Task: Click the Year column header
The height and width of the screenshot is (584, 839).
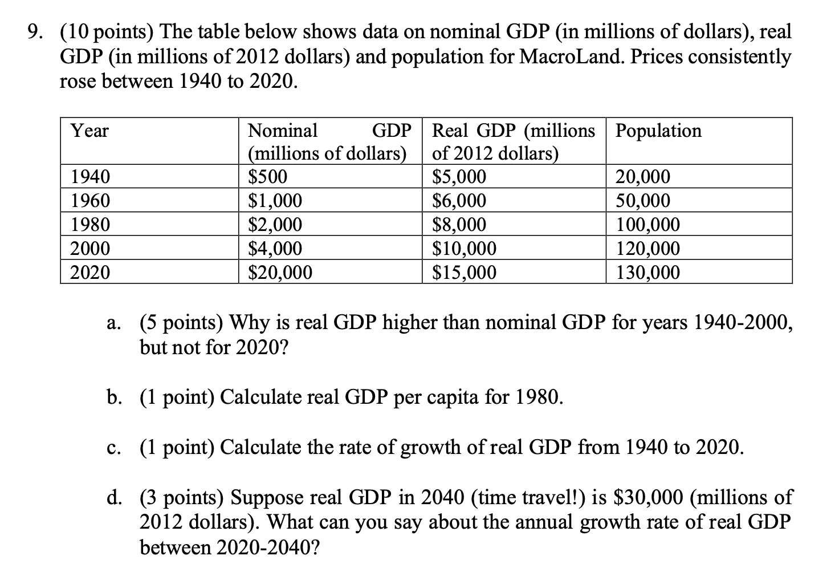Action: coord(89,131)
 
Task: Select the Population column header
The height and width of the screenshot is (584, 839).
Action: coord(659,131)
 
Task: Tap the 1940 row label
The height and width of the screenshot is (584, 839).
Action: coord(90,177)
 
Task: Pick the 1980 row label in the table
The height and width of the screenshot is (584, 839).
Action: coord(90,225)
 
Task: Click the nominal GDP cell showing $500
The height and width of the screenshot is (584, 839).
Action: coord(268,177)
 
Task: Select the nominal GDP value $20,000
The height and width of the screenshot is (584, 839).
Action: coord(280,273)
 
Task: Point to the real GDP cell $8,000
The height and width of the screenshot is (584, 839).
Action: coord(459,225)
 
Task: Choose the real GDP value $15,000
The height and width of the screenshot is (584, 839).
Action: coord(465,273)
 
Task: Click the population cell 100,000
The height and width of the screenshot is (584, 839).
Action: coord(649,225)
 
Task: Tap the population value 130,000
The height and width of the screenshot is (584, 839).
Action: coord(649,273)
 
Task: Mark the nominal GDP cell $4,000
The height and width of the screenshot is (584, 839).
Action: coord(275,249)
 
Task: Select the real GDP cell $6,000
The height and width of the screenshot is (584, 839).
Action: coord(459,201)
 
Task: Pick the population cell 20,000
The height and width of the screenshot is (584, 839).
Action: coord(643,177)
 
